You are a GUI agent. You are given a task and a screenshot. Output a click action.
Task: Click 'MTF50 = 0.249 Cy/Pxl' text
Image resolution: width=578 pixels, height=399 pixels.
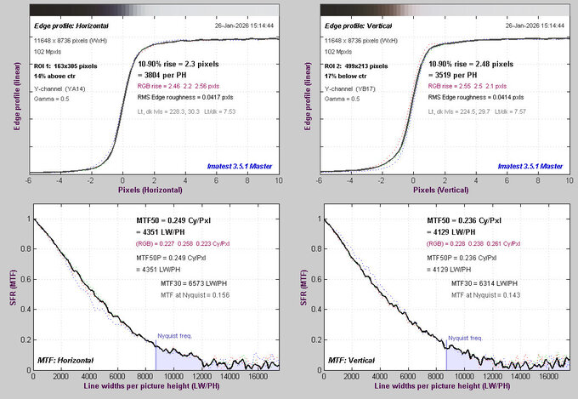tap(174, 221)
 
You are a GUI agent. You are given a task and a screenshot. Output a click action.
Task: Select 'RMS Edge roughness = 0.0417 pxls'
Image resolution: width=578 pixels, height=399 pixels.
tap(188, 98)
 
